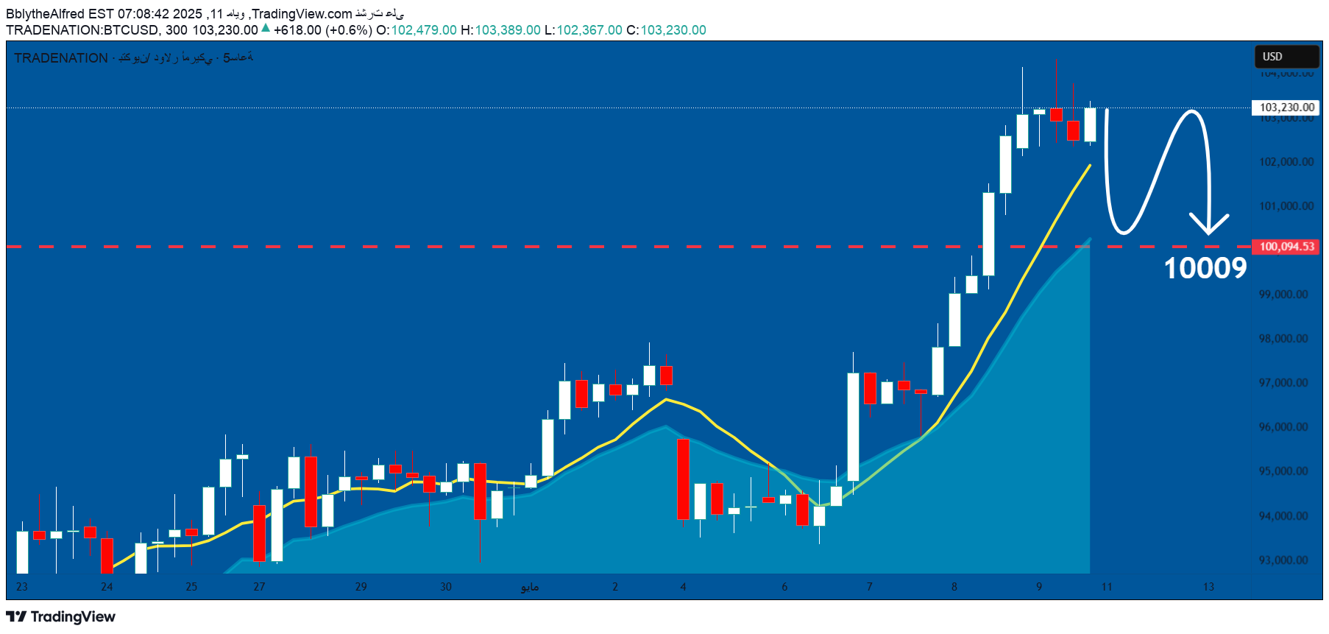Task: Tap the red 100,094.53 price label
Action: coord(1286,247)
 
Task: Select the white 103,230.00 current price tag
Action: coord(1286,108)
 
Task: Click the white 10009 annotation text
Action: coord(1205,269)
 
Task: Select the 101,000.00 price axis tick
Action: coord(1286,206)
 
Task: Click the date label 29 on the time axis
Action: coord(361,587)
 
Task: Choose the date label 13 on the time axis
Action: coord(1208,587)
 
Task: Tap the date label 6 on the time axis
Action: coord(784,587)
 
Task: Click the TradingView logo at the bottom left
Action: coord(61,617)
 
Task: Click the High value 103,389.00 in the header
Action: coord(508,30)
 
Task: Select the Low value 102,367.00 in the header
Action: coord(589,30)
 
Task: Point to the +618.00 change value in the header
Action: coord(297,30)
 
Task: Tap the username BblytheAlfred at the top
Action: coord(45,14)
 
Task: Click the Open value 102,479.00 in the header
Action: coord(424,30)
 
